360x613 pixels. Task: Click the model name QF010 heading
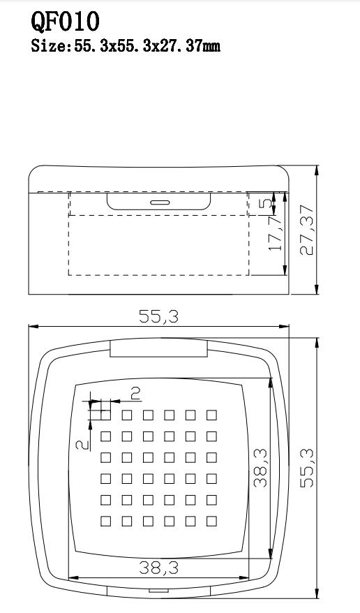click(65, 22)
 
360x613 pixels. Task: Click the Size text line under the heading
click(126, 46)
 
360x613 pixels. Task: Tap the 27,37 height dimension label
click(307, 230)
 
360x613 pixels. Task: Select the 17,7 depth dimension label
click(276, 234)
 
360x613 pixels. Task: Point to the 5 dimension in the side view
click(265, 203)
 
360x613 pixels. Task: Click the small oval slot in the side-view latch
click(160, 202)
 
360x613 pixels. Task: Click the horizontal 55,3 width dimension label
click(158, 317)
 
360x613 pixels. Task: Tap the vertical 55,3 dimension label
click(307, 468)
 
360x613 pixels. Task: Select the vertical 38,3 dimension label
click(260, 468)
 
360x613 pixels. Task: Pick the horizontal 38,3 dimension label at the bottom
click(158, 568)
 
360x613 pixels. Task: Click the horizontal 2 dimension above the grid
click(135, 393)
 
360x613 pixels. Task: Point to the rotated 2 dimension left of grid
click(82, 445)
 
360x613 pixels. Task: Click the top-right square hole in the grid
click(211, 415)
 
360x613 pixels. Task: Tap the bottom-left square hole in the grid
click(106, 521)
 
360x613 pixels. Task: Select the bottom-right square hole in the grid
click(211, 521)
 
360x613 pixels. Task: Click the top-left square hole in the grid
click(106, 415)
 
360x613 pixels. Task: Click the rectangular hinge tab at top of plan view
click(158, 348)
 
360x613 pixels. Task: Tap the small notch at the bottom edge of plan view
click(158, 591)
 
